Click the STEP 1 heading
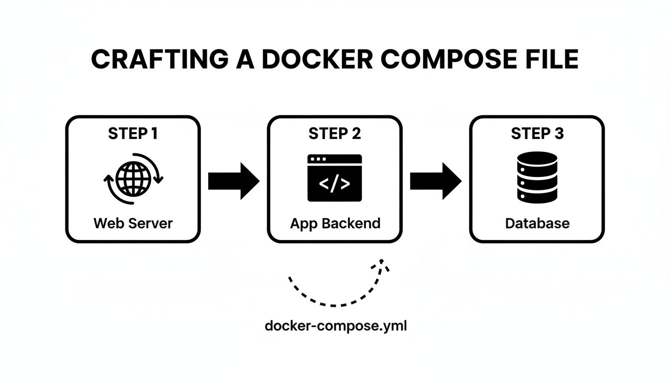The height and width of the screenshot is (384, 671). (133, 133)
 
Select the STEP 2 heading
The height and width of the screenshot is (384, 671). (335, 133)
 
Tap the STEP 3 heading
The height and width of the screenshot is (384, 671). (537, 133)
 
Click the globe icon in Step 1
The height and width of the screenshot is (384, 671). (133, 178)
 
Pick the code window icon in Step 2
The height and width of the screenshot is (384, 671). (335, 178)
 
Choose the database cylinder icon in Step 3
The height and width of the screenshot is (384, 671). (537, 177)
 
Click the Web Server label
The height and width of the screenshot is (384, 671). (133, 223)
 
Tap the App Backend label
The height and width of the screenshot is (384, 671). (335, 223)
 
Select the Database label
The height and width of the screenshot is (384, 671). (537, 223)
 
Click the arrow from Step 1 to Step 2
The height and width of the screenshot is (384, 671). (234, 180)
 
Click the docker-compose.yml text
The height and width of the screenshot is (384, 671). (335, 326)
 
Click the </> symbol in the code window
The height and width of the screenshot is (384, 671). (335, 183)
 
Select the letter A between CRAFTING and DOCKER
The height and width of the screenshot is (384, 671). (243, 60)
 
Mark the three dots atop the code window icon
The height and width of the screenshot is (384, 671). (318, 159)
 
